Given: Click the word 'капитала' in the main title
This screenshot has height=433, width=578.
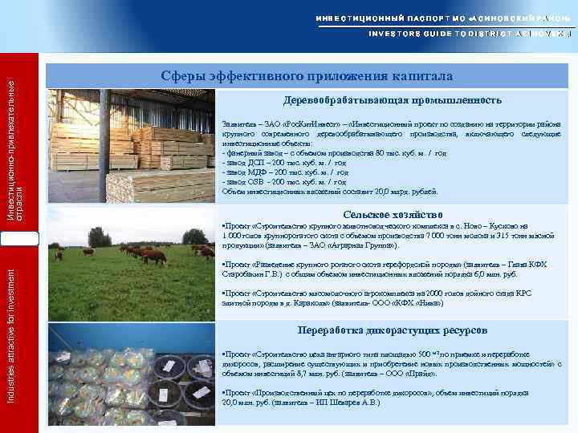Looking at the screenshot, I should click(x=418, y=76).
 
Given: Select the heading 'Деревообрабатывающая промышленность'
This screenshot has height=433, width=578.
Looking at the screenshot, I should click(x=393, y=100).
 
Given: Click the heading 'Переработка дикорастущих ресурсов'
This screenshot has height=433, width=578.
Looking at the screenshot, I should click(x=393, y=330).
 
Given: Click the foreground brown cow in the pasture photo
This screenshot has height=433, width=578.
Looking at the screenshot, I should click(x=153, y=256).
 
